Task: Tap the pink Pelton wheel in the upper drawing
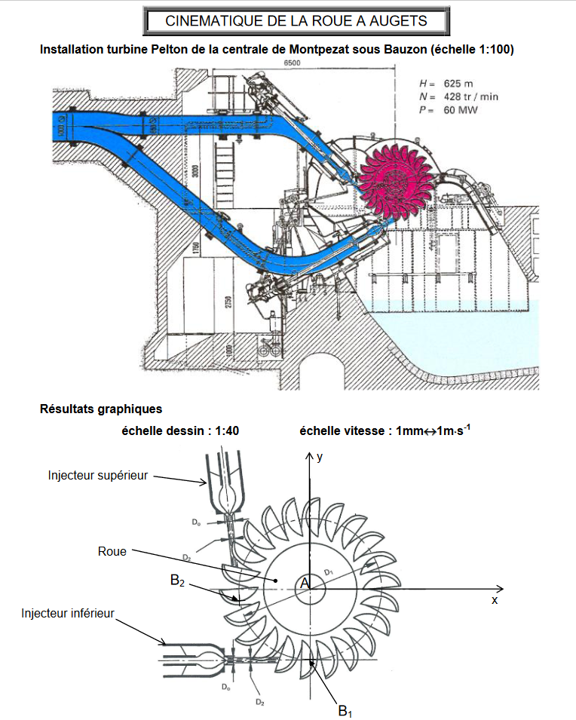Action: coord(392,179)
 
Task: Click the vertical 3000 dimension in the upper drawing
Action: coord(195,171)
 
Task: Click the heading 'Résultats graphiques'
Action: coord(100,409)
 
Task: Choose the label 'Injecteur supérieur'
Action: coord(97,475)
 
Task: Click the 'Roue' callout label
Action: coord(112,551)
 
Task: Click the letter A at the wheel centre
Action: coord(305,583)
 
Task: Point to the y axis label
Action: coord(320,457)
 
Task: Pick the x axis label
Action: coord(495,600)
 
